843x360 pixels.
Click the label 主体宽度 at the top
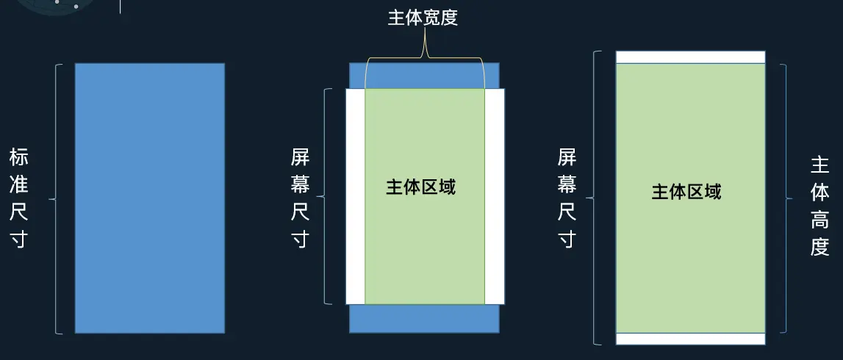[423, 18]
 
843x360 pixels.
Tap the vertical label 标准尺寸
[19, 198]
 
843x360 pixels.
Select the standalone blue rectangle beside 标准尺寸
[150, 198]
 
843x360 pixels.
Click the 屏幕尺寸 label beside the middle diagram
[300, 198]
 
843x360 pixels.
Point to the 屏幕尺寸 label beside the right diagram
[567, 198]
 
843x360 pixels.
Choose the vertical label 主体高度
[820, 205]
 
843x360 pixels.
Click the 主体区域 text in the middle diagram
[421, 187]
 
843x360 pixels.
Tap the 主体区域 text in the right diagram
[686, 192]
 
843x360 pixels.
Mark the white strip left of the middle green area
[356, 196]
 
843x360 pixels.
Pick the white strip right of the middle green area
[495, 196]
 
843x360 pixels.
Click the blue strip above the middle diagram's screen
[424, 76]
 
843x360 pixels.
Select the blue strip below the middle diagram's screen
[424, 318]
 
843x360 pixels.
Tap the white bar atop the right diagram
[690, 57]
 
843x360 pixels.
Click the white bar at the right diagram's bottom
[690, 339]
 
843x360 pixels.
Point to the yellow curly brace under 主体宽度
[424, 57]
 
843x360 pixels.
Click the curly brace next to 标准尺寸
[54, 198]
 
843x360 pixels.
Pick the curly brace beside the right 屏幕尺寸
[595, 198]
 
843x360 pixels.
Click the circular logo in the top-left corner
[55, 6]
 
